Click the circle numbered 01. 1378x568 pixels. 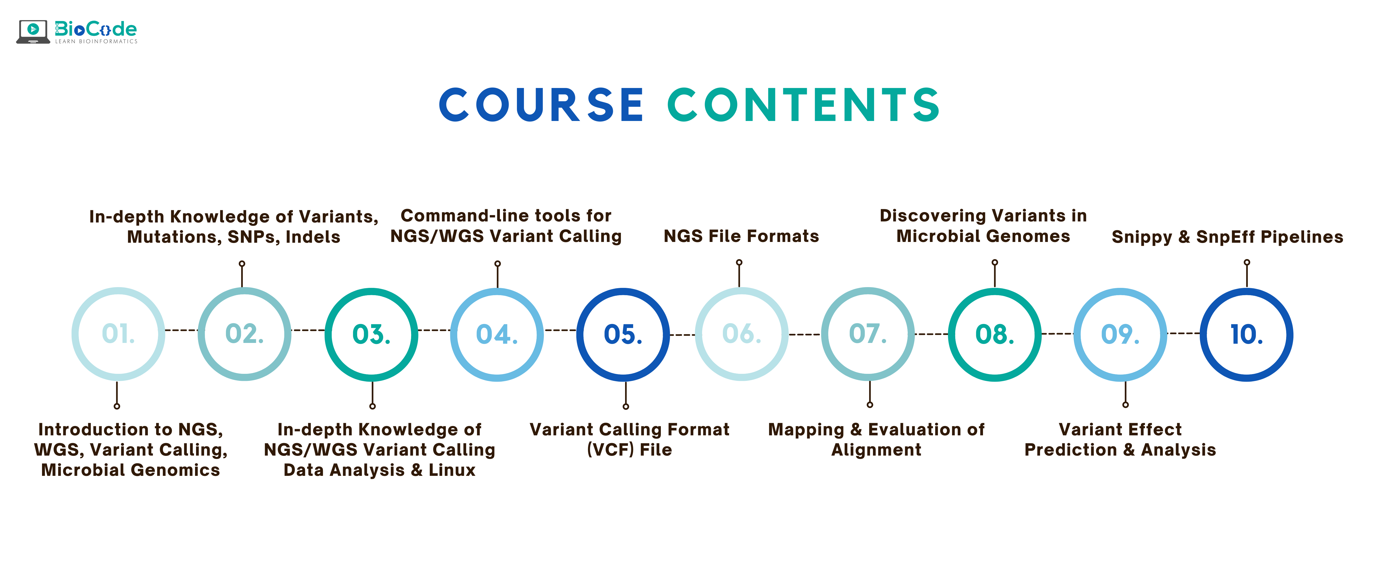click(118, 334)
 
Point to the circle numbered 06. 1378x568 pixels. click(742, 334)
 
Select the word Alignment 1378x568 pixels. click(876, 450)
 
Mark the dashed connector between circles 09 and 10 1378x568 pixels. click(1183, 334)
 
